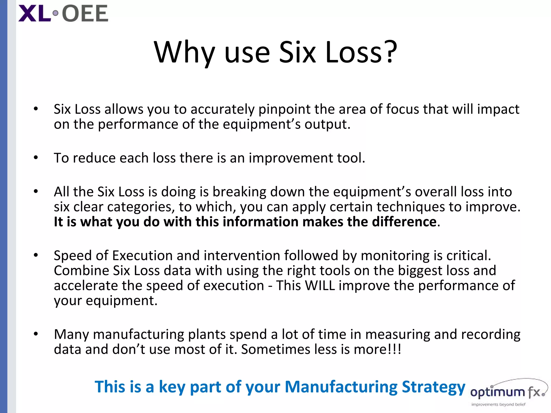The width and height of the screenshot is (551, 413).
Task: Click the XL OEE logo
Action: (63, 13)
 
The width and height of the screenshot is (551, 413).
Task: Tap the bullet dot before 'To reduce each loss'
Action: (36, 158)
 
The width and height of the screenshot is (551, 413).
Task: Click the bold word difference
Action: (404, 222)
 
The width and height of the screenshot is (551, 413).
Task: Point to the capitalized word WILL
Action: (320, 285)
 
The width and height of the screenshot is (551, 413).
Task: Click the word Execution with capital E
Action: (142, 255)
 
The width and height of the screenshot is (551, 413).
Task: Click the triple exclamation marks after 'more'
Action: (394, 349)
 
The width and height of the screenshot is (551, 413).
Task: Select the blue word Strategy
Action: (433, 387)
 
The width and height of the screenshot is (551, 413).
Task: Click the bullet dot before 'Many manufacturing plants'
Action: (36, 334)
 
